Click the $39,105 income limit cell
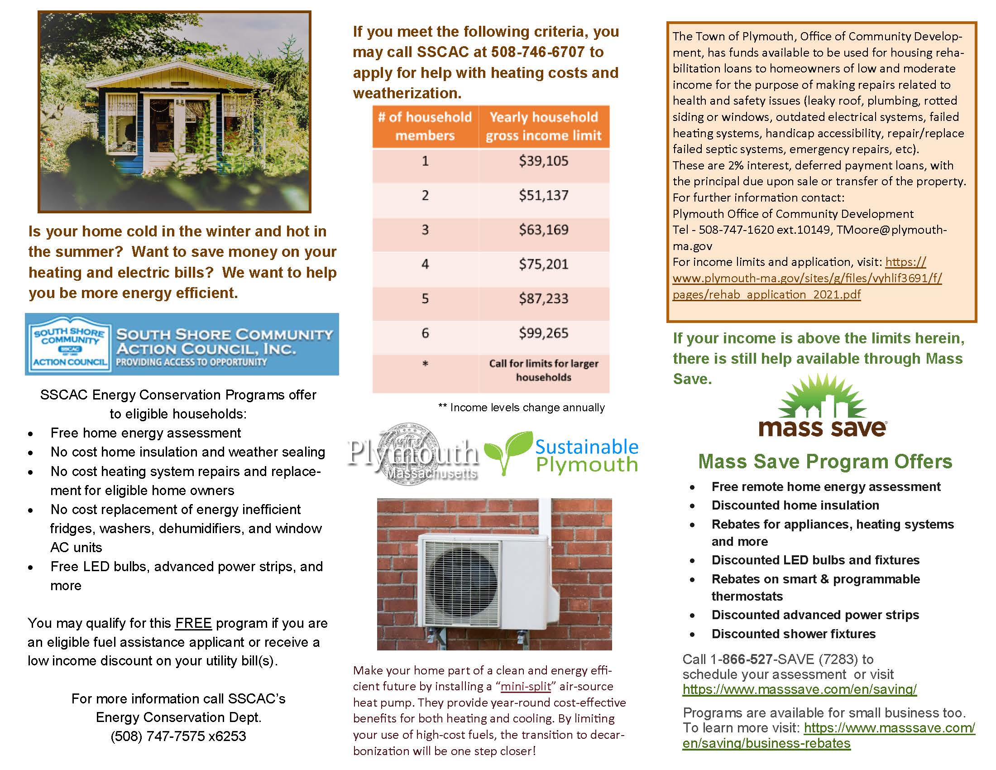point(543,161)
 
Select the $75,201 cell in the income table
point(543,264)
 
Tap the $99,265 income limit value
point(543,333)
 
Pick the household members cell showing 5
point(425,299)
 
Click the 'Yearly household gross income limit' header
point(543,126)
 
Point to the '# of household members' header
point(425,126)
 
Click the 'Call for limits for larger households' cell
point(543,370)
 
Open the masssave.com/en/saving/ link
point(799,689)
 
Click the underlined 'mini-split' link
point(526,687)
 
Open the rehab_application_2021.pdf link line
point(766,294)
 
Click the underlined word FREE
point(193,623)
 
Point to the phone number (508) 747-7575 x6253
point(178,736)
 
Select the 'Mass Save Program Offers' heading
point(825,462)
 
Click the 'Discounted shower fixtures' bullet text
point(793,634)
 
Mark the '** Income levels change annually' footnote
point(521,407)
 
